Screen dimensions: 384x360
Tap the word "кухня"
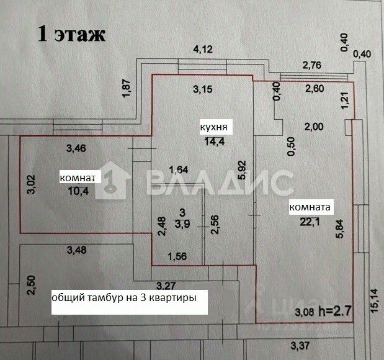[212, 128]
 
